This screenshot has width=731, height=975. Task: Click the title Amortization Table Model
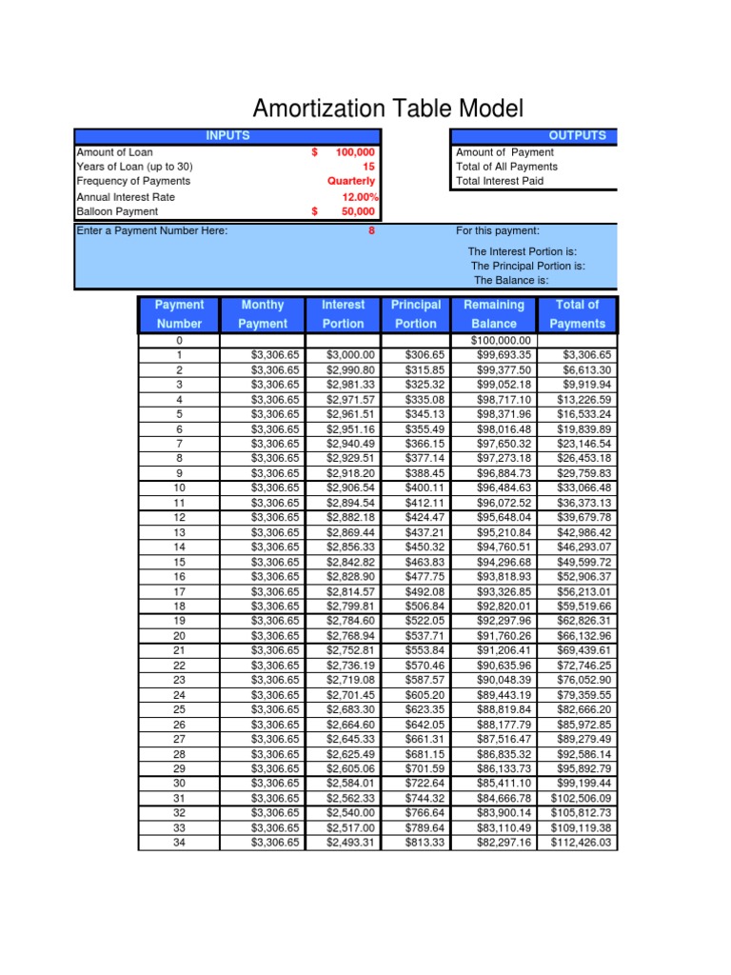387,108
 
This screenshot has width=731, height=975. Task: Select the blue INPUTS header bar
227,136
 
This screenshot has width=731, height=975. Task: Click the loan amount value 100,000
355,152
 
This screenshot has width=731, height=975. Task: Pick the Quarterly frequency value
351,181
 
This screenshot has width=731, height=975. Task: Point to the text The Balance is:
511,281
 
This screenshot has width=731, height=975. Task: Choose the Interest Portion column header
343,314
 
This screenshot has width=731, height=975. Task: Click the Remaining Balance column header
493,314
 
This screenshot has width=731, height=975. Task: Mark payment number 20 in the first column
179,636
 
